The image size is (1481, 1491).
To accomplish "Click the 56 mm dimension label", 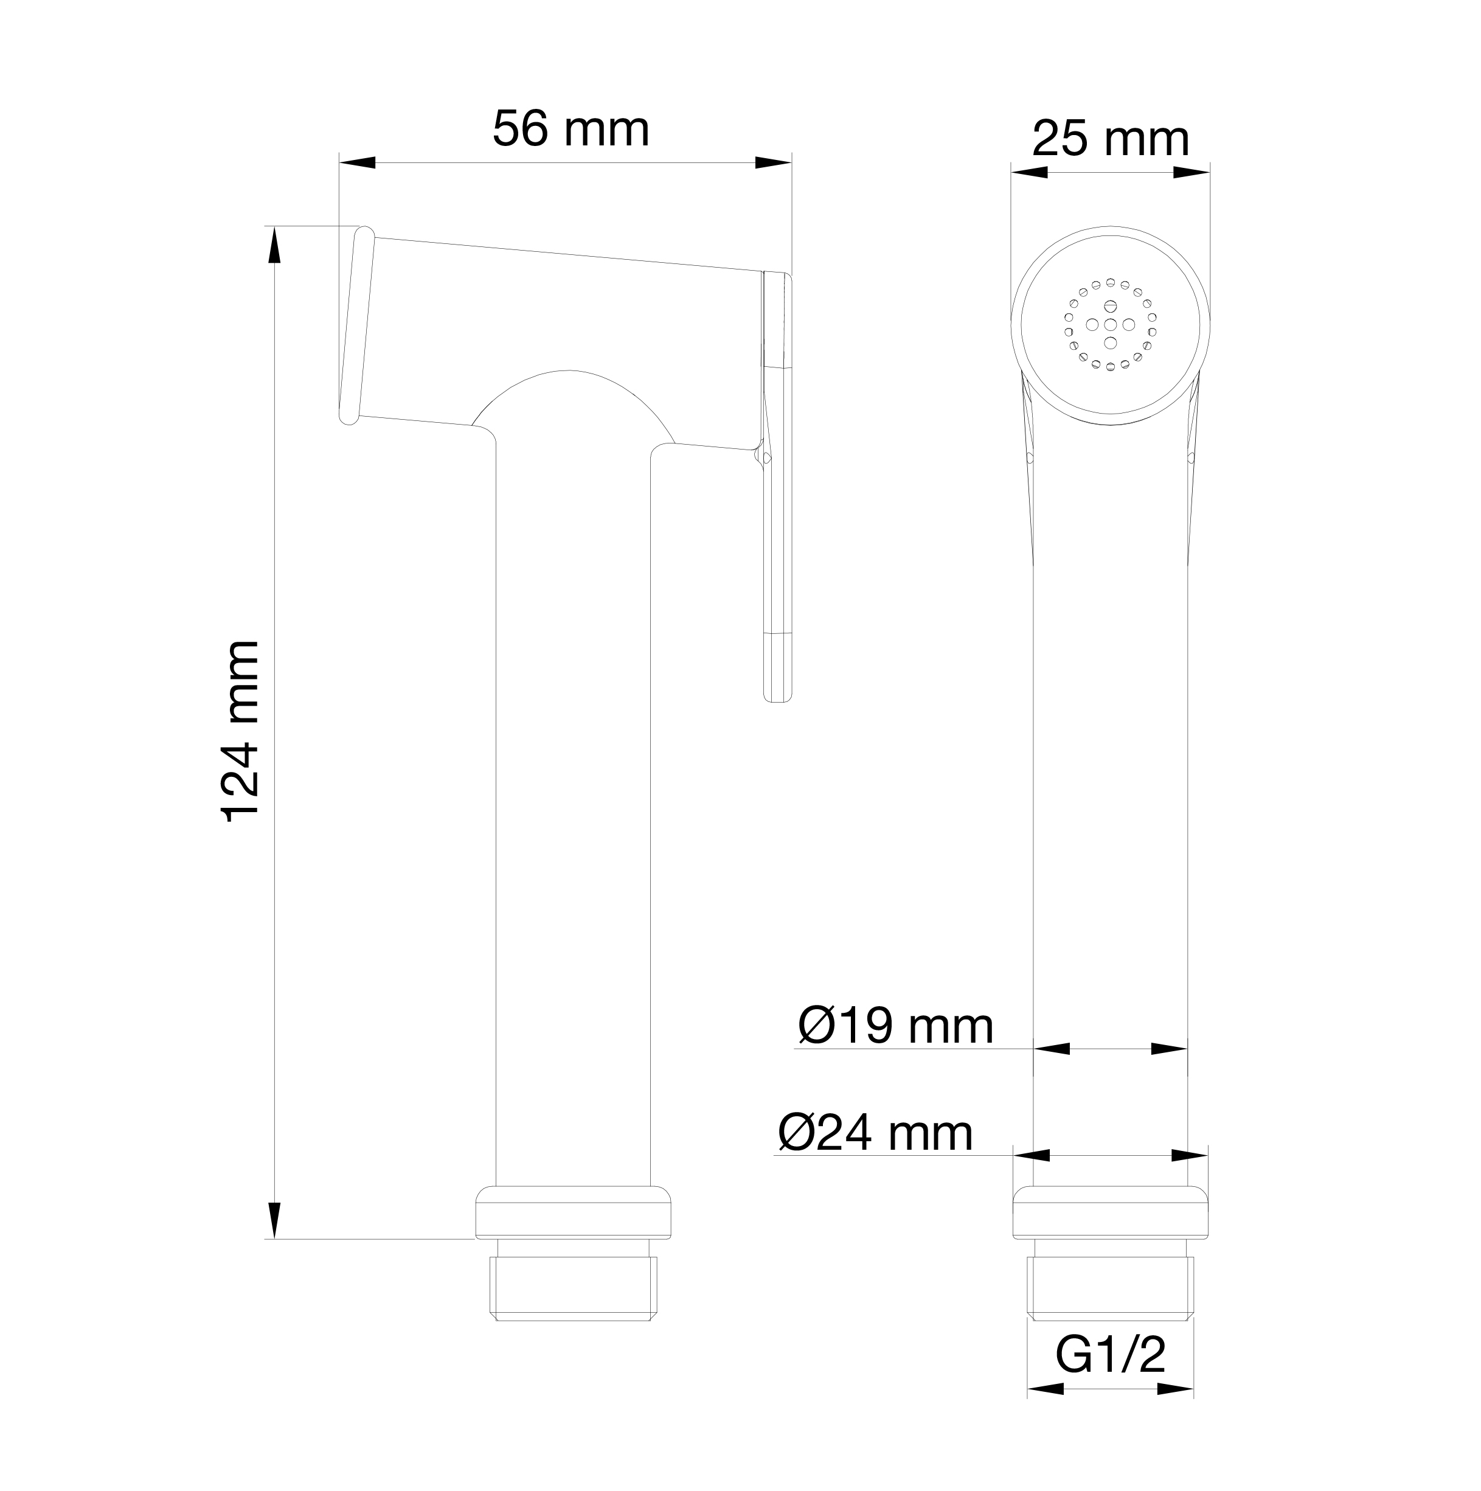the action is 571,129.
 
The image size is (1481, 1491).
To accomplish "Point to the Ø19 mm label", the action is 895,1026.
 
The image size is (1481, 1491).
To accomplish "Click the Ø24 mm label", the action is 875,1132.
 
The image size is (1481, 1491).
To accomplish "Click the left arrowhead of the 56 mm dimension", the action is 357,163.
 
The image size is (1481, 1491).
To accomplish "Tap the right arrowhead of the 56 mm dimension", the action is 773,163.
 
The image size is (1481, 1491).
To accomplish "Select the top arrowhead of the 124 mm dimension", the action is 274,245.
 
